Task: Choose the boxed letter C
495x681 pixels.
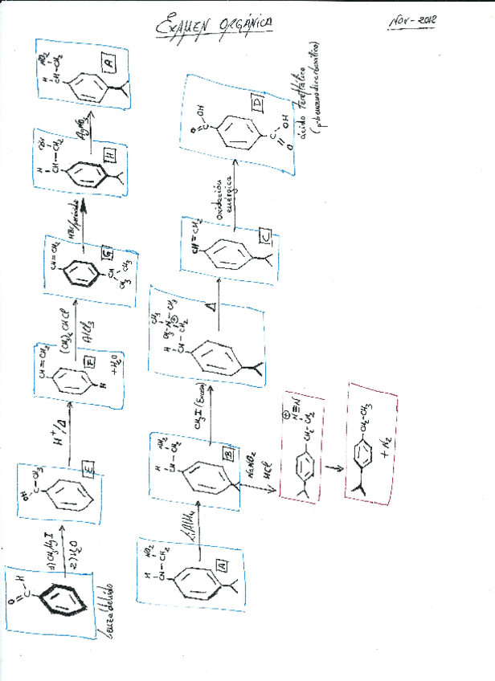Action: (x=265, y=235)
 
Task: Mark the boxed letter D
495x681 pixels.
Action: (x=256, y=105)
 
